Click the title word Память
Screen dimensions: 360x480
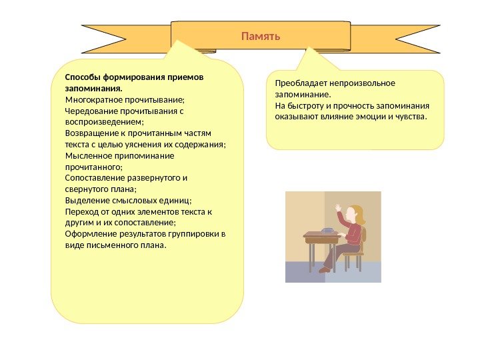[261, 35]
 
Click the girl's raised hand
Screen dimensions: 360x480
[338, 207]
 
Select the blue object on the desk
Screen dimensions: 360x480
[327, 231]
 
